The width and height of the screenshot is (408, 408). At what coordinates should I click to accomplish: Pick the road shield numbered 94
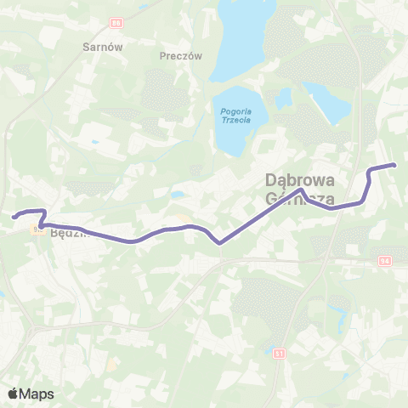(x=384, y=260)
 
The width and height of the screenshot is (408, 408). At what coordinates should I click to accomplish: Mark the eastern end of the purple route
(x=395, y=165)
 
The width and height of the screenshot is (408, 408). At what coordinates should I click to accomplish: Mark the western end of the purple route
(x=14, y=218)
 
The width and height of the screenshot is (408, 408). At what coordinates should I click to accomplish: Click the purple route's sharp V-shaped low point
(x=219, y=243)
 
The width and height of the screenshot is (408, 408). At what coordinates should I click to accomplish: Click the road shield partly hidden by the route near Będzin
(x=37, y=228)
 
